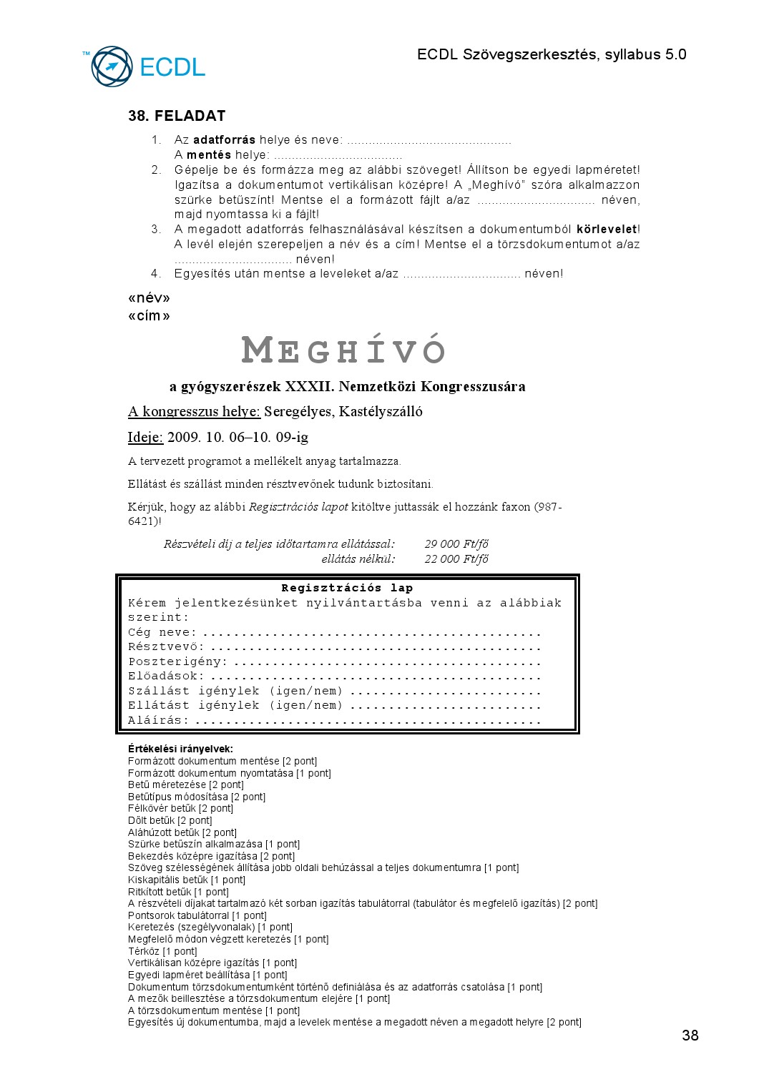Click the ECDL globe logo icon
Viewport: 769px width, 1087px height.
(x=112, y=67)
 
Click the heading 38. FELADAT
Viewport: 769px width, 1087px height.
(x=177, y=116)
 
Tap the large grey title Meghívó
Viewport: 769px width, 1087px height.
(x=343, y=350)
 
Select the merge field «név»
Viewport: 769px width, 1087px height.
(x=149, y=298)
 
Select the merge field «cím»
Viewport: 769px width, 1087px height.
(x=149, y=316)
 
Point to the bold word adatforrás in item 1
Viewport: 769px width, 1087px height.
(x=224, y=140)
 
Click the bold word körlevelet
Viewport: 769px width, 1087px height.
(x=607, y=230)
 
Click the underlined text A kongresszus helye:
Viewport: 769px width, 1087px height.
(x=194, y=411)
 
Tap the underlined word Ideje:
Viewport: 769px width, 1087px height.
(x=145, y=437)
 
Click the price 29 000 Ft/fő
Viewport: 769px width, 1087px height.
(x=456, y=544)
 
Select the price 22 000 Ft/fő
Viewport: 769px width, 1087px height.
(x=456, y=559)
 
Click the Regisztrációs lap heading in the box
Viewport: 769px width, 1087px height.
(x=347, y=588)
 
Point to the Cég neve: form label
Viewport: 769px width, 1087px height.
(x=162, y=632)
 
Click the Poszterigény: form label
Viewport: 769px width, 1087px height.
(x=177, y=661)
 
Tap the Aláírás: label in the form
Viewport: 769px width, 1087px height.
(x=159, y=720)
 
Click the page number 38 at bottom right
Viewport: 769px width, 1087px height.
(x=690, y=1036)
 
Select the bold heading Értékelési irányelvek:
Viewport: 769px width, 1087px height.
(x=180, y=749)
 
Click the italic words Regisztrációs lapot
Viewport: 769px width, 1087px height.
(x=298, y=507)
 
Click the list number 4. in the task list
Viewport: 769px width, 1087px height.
(x=156, y=274)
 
